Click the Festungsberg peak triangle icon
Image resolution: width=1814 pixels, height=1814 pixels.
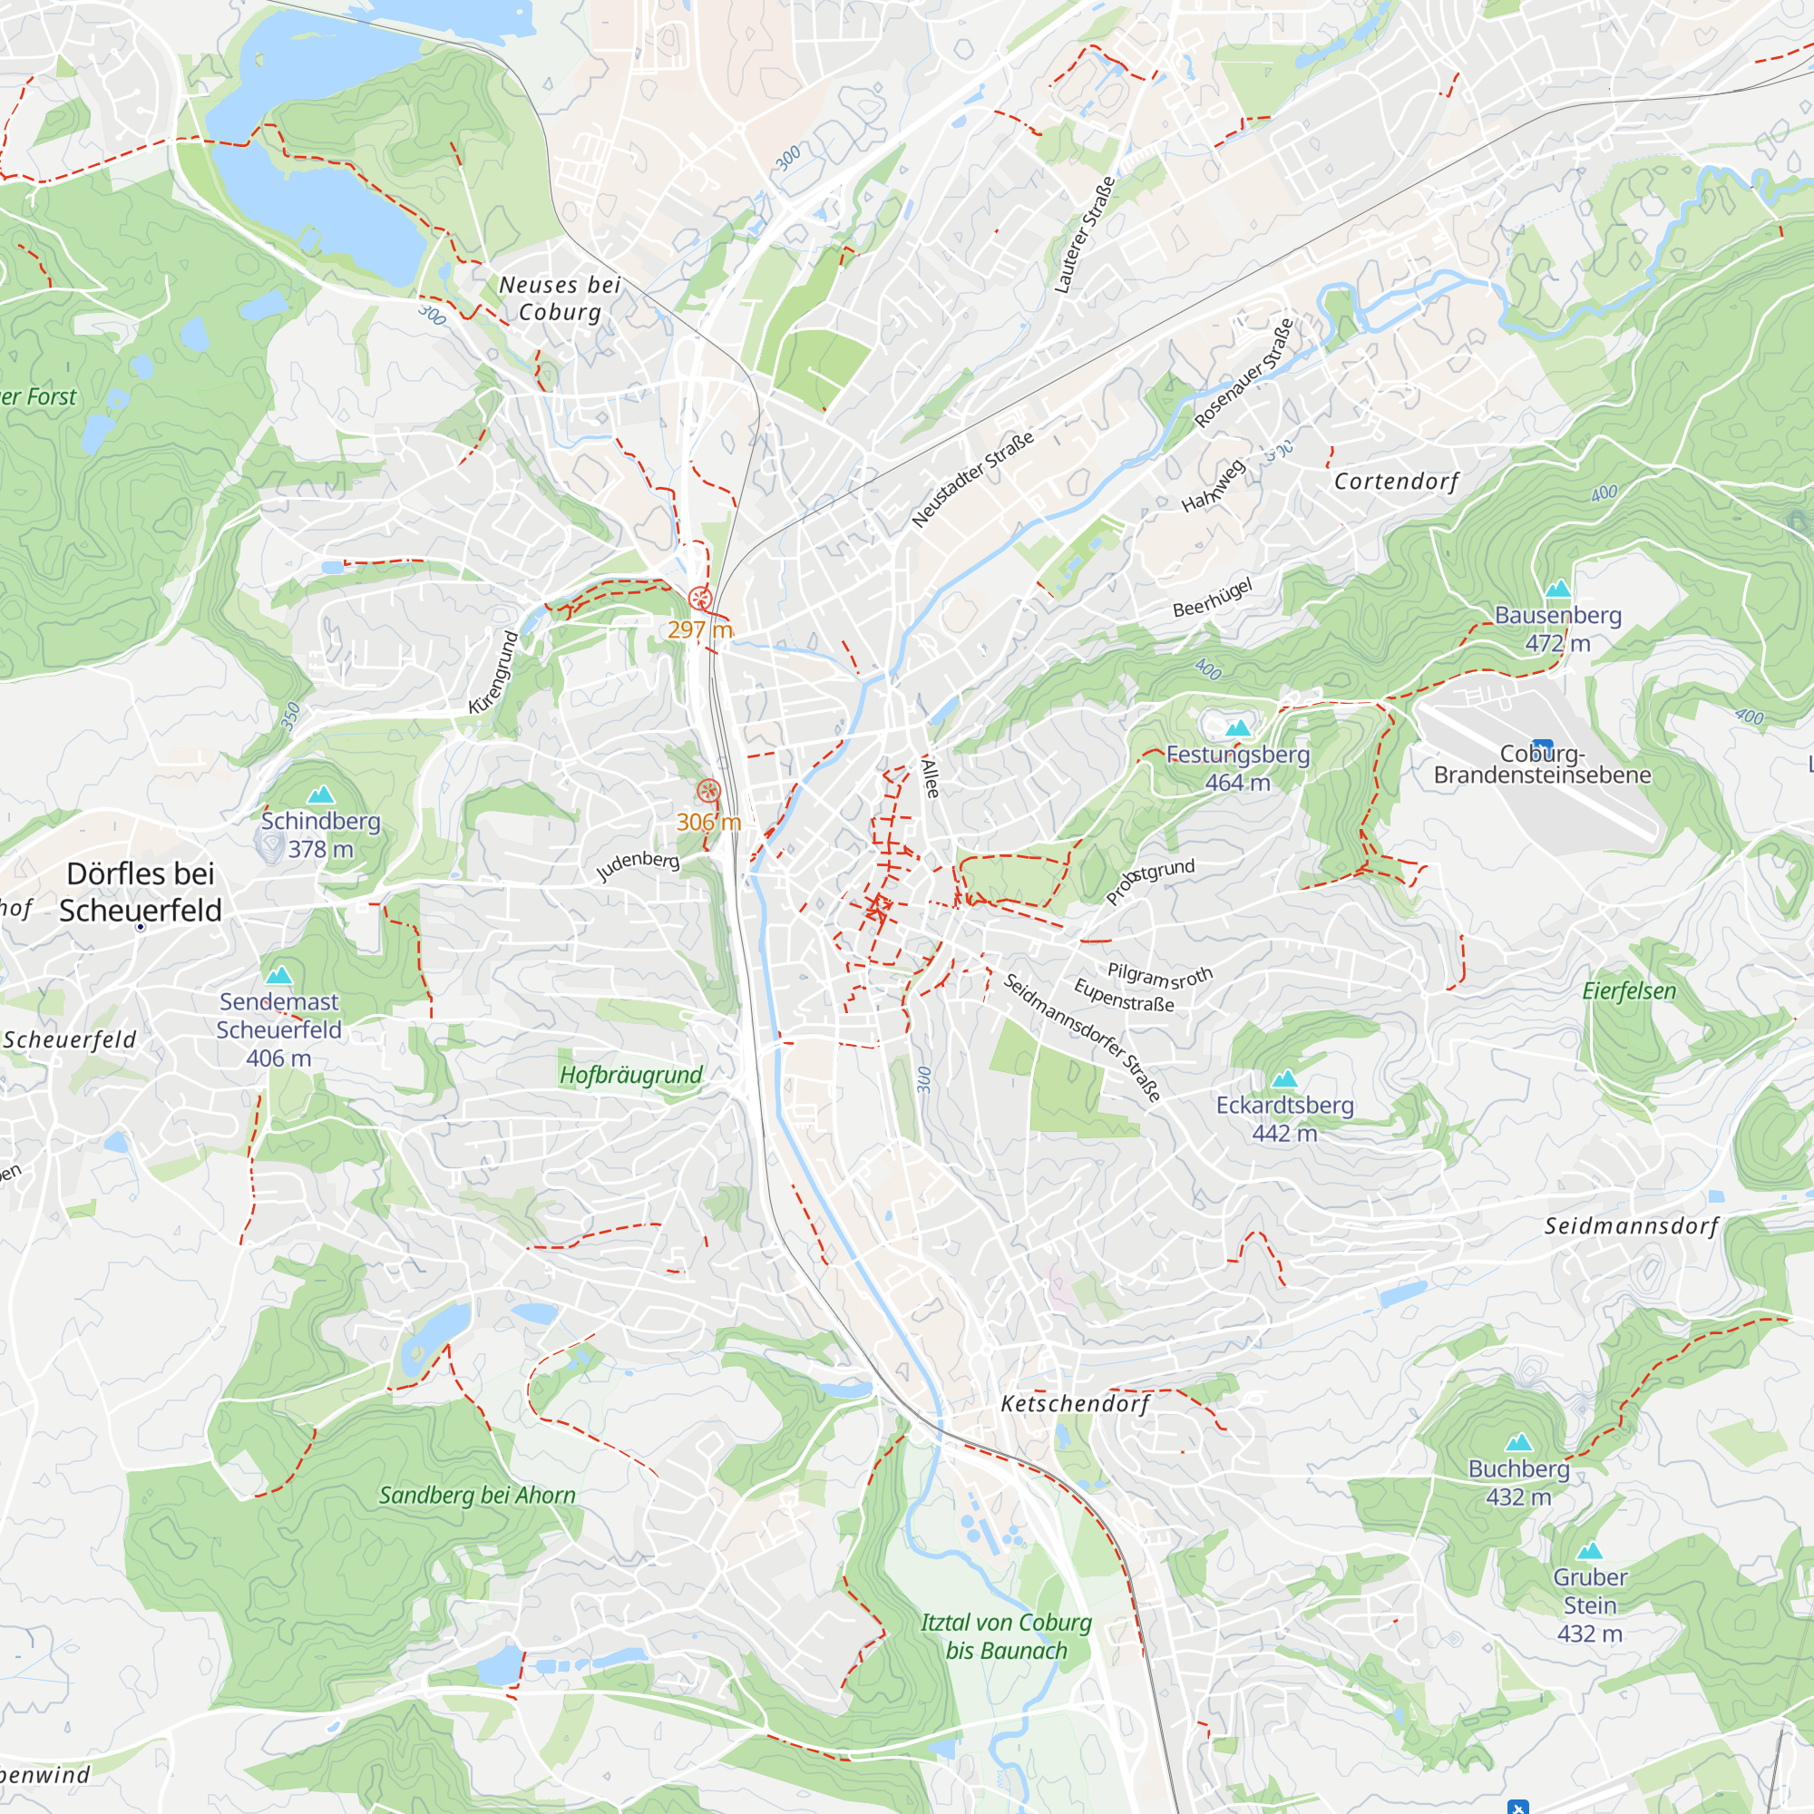point(1237,727)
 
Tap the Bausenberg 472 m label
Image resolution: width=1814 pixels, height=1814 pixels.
point(1557,629)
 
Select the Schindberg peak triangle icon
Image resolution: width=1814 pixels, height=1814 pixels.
point(321,795)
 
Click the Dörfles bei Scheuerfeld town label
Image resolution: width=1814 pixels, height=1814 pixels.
point(141,891)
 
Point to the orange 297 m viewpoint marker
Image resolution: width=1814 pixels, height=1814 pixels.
point(699,598)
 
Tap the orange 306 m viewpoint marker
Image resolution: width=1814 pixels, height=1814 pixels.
point(709,791)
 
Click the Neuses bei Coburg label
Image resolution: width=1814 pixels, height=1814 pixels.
point(560,298)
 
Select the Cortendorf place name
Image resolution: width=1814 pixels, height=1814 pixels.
point(1396,482)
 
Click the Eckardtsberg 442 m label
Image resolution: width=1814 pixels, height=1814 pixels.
point(1284,1118)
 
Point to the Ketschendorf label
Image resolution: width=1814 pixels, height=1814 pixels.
point(1075,1404)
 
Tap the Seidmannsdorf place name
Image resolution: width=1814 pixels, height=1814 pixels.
point(1632,1225)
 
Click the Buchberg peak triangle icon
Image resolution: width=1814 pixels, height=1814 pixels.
point(1518,1442)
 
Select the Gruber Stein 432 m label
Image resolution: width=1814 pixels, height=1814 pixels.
point(1590,1604)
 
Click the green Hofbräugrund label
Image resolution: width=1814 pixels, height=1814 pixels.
point(631,1075)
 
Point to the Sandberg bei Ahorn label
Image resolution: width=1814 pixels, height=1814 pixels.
point(477,1495)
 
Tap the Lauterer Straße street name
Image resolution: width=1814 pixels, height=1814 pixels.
point(1085,235)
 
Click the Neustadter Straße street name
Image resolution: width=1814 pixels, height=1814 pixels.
point(972,479)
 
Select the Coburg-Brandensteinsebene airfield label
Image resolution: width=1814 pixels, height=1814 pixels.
point(1542,764)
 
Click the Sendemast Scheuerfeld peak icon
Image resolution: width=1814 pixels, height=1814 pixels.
point(278,976)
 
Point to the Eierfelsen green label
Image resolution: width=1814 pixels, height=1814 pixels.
point(1629,991)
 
